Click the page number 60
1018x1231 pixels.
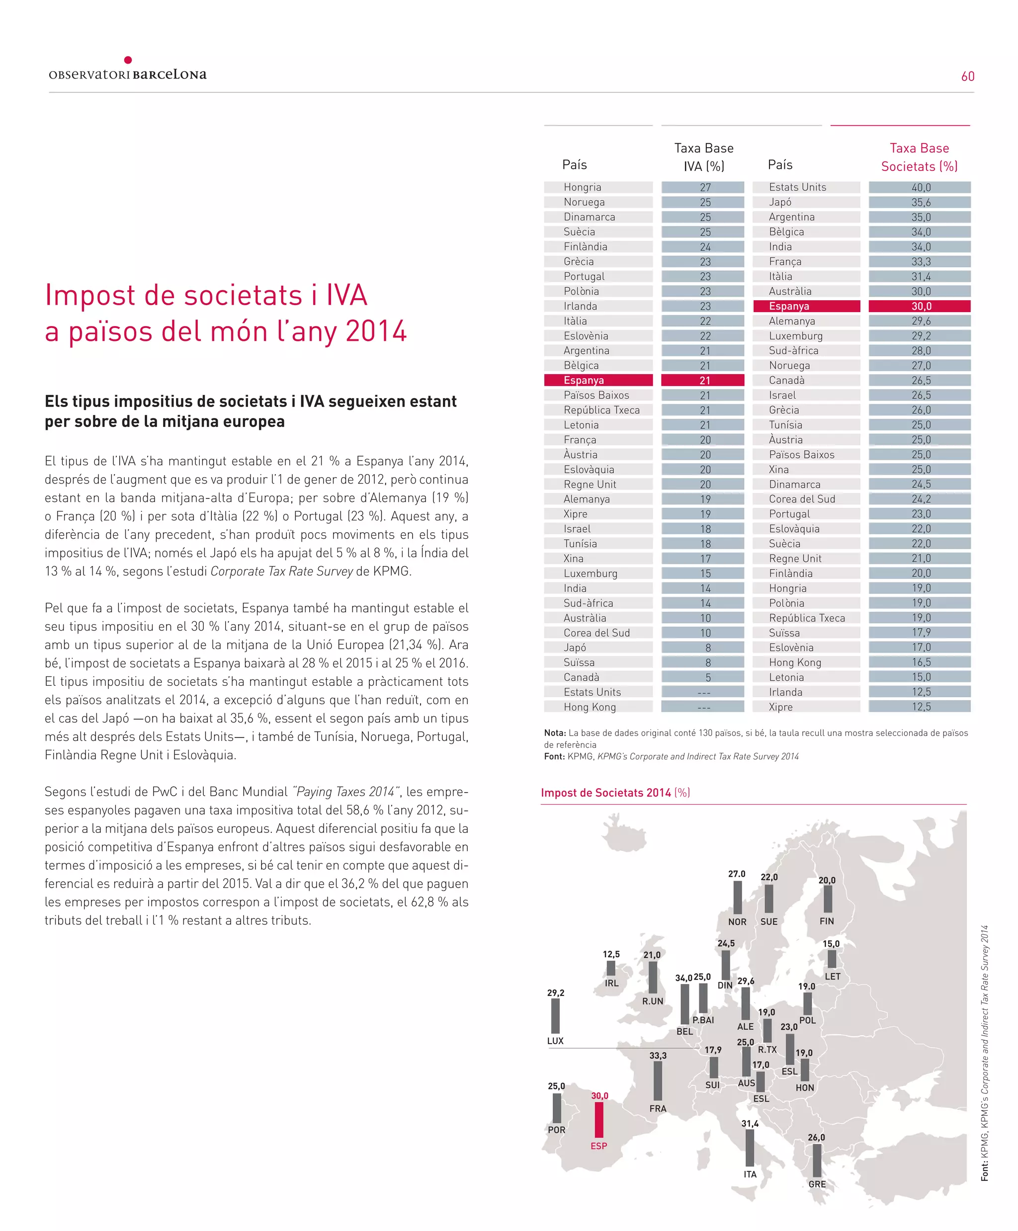pos(968,76)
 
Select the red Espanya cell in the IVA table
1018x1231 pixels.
pos(598,380)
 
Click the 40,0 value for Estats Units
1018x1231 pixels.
pos(920,187)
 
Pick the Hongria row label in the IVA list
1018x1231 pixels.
pos(582,187)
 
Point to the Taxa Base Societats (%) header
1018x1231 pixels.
pos(919,157)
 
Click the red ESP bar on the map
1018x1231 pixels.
pos(598,1120)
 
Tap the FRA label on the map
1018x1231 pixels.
pos(658,1108)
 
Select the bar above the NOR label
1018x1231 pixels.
pos(737,898)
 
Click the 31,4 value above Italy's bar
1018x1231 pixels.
pos(750,1124)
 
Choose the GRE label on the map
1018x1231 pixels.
pos(817,1184)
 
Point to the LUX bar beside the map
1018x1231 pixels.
pos(555,1016)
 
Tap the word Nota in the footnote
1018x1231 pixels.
pos(554,733)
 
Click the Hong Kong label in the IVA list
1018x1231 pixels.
pos(590,707)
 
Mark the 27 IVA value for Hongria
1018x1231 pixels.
pos(705,187)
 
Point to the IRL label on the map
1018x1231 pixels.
pos(611,983)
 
